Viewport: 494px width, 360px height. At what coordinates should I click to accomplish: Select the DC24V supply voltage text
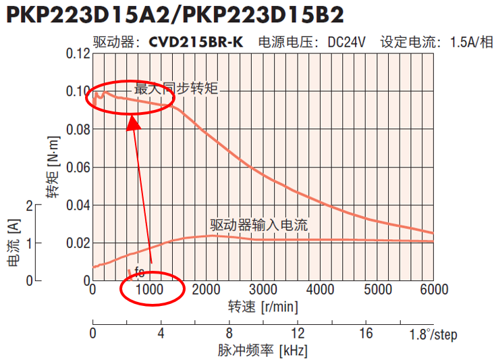pos(346,42)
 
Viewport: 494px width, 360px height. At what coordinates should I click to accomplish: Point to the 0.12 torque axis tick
pos(78,53)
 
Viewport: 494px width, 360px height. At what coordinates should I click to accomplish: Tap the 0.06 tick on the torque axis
pos(78,167)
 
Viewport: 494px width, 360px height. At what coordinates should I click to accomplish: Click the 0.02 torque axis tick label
pos(78,242)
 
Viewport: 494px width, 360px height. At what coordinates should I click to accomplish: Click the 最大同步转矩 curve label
pos(176,88)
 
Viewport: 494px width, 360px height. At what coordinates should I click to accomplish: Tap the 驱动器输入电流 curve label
pos(258,226)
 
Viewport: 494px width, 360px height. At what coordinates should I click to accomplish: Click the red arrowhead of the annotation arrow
pos(134,122)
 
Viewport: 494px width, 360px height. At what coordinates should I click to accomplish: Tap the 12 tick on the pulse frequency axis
pos(298,334)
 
